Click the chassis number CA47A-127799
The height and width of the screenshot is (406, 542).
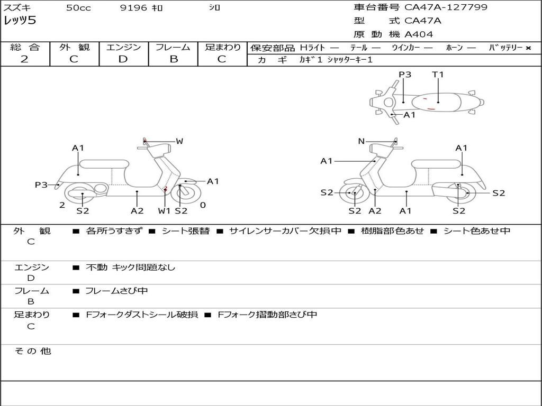click(446, 7)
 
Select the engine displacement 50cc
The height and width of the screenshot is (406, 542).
click(78, 8)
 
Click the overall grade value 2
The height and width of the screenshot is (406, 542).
click(24, 59)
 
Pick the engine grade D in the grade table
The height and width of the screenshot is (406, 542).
click(123, 59)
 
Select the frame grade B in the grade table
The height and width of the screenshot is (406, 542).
click(173, 59)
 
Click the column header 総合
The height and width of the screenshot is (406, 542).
click(25, 47)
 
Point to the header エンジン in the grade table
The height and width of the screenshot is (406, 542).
click(123, 47)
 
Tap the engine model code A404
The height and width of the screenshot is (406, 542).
click(419, 34)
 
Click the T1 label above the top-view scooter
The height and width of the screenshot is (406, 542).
click(438, 75)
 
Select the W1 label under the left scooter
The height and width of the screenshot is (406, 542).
click(165, 211)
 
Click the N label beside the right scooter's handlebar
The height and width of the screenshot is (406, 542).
click(361, 141)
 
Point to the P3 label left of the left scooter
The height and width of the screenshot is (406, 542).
click(41, 184)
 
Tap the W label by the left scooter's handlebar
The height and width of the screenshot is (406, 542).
click(179, 141)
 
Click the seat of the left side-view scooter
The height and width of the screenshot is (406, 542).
click(104, 163)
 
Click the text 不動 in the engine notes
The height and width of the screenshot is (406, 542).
click(95, 267)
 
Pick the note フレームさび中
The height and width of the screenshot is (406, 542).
click(116, 291)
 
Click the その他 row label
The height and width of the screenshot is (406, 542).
click(32, 351)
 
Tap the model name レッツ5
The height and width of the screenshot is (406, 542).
click(20, 21)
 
